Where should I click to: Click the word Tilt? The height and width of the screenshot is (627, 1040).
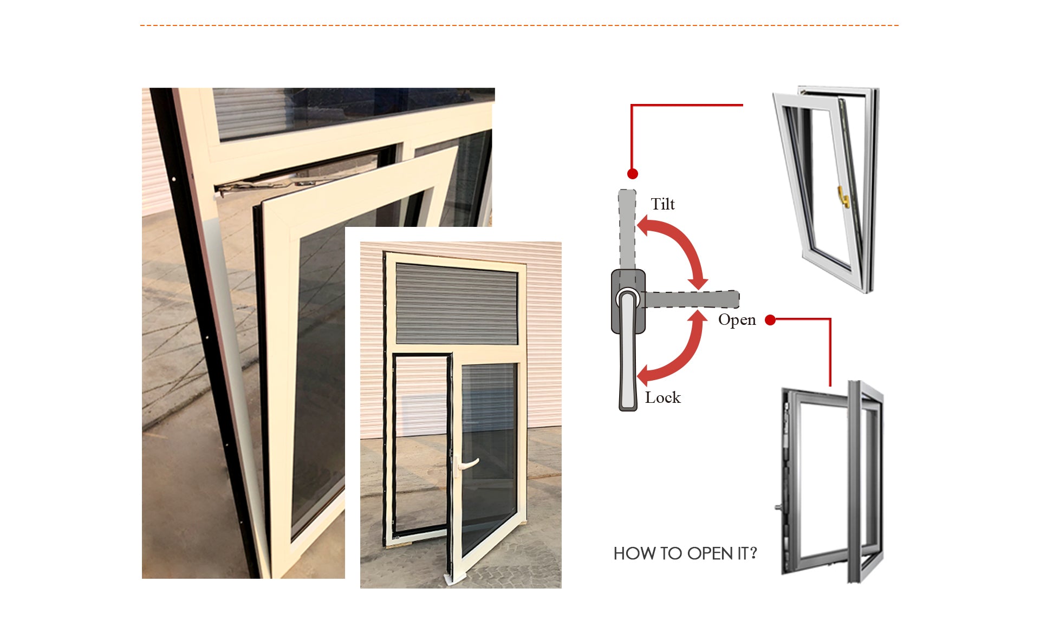point(662,204)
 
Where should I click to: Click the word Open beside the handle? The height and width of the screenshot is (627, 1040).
point(737,320)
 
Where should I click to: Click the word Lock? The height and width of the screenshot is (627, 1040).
point(662,397)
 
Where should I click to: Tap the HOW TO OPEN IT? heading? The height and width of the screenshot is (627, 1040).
point(685,553)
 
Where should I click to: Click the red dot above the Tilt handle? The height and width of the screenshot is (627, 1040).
point(632,174)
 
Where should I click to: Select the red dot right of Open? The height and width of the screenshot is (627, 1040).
point(770,320)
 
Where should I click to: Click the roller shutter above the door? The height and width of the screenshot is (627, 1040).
point(457,304)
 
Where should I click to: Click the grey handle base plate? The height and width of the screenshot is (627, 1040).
point(628,301)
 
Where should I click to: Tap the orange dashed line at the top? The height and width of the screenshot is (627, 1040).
point(519,25)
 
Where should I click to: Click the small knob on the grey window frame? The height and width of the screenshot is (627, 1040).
point(778,507)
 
